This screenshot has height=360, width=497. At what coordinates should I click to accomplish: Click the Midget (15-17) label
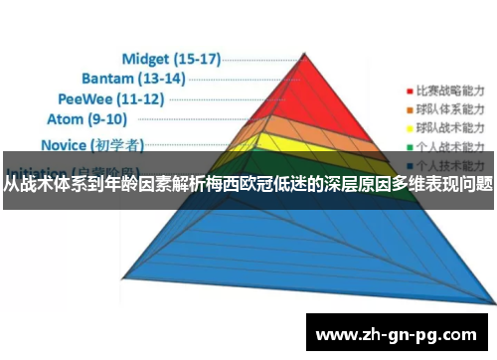[171, 59]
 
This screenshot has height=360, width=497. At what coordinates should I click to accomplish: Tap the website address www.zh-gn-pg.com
[402, 334]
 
